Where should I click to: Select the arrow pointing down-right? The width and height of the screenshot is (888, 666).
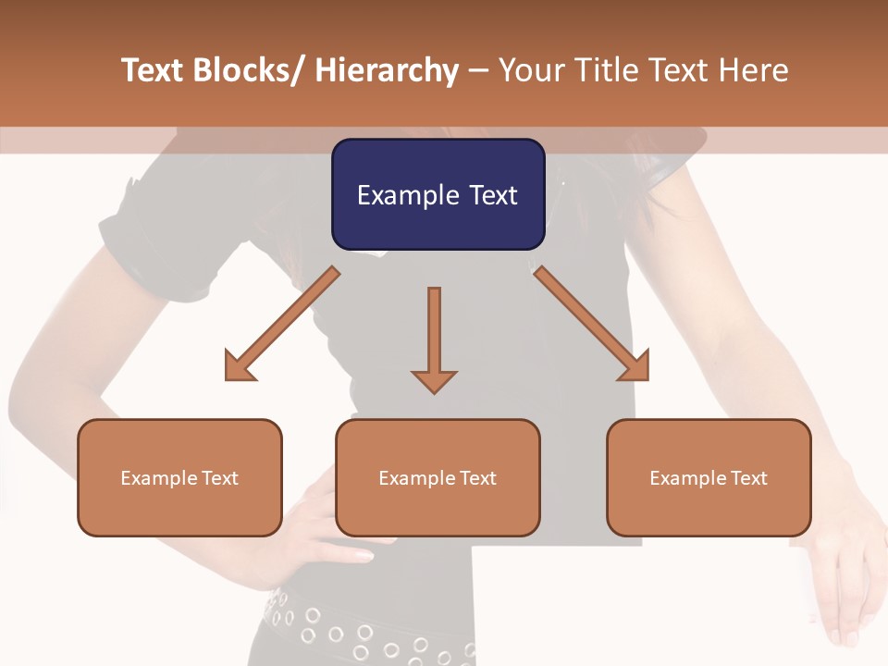[x=592, y=324]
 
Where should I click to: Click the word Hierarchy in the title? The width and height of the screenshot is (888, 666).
[x=387, y=70]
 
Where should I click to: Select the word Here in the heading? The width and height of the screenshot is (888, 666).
[x=752, y=70]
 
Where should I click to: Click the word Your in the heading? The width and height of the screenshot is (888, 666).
[x=530, y=70]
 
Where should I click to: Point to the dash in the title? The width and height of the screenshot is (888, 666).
[x=478, y=70]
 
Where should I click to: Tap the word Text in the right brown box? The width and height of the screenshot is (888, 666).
[x=747, y=478]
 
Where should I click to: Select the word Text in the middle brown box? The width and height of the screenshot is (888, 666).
[x=476, y=478]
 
